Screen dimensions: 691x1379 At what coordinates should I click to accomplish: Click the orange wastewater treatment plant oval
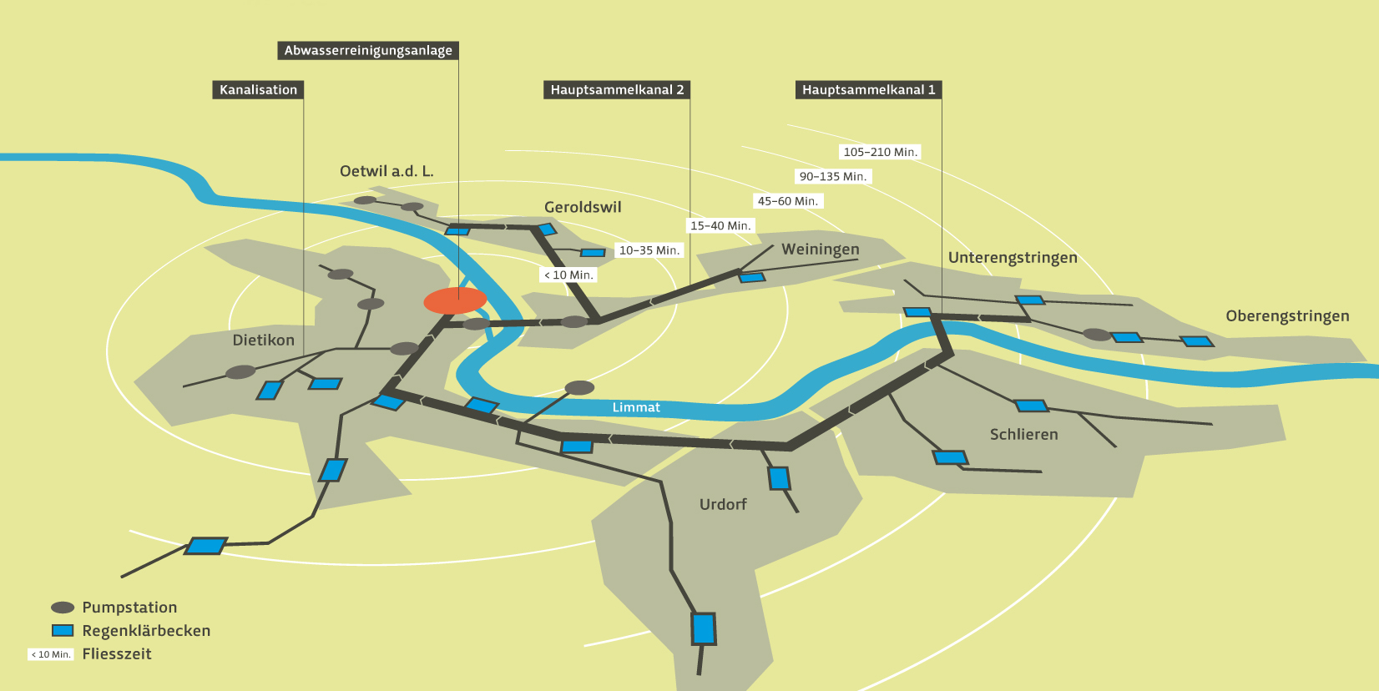click(455, 300)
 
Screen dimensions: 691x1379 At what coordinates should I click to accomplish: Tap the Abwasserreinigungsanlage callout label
click(368, 51)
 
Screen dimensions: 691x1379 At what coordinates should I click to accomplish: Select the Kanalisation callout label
click(258, 90)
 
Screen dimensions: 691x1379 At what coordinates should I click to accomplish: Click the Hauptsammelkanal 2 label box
click(617, 90)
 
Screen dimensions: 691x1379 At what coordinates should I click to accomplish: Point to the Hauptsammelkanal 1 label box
click(868, 90)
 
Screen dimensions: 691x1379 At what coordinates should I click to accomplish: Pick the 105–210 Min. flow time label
click(880, 152)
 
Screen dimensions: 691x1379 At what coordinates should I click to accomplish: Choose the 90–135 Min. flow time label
click(832, 177)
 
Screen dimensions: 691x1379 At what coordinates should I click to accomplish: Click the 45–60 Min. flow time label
click(787, 201)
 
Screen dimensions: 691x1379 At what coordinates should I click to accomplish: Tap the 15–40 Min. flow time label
click(720, 226)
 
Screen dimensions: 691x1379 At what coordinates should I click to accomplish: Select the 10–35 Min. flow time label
click(649, 250)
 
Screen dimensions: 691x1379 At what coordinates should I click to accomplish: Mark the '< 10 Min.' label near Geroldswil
click(568, 275)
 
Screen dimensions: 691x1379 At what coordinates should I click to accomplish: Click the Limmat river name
click(636, 407)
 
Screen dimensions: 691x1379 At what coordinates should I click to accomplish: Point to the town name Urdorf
click(723, 505)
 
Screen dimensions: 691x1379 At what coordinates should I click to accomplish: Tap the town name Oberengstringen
click(1287, 316)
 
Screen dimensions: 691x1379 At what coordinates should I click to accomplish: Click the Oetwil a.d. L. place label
click(386, 171)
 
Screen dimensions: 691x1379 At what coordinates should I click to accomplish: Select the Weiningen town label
click(820, 250)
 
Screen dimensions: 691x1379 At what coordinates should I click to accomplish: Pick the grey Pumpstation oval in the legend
click(63, 608)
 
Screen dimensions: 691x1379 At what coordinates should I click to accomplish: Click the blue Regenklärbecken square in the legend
click(63, 631)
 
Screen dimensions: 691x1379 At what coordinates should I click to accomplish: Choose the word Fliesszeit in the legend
click(117, 654)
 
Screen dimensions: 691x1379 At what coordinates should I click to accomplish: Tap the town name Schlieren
click(1023, 435)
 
